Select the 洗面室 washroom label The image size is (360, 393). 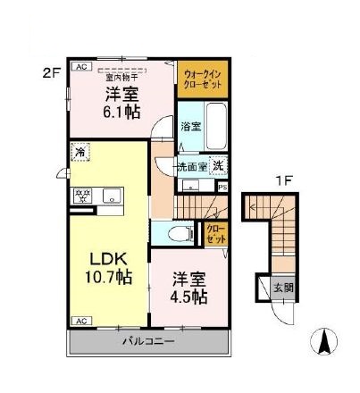coord(191,165)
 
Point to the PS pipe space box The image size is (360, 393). coord(222,187)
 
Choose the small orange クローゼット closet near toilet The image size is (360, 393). coord(216,235)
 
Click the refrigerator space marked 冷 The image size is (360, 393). coord(80,153)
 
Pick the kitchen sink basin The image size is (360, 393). coord(112,194)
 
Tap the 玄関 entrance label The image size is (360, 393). coord(281,287)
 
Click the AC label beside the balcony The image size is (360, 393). coord(80,321)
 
